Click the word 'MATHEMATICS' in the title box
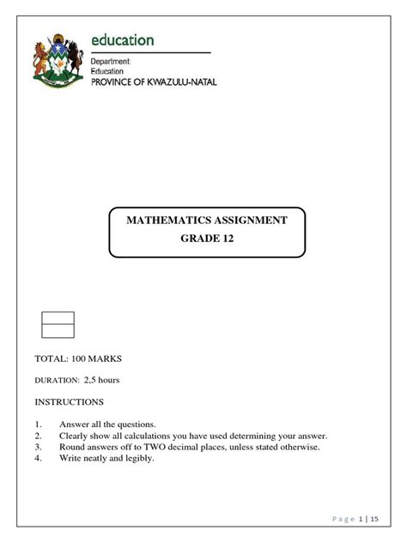172,220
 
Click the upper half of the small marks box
58,318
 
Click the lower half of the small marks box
58,331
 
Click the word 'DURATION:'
56,380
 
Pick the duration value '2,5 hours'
101,379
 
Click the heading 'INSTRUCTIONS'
69,401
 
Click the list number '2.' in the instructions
39,436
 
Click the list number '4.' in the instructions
39,458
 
